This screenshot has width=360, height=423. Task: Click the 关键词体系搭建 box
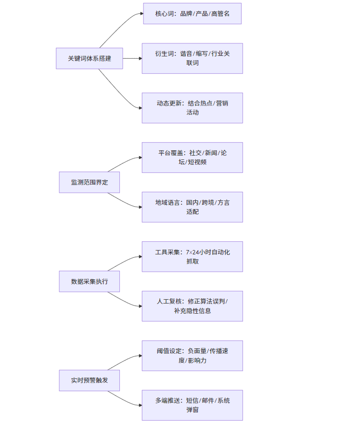coord(89,58)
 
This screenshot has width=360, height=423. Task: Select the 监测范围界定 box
coord(89,182)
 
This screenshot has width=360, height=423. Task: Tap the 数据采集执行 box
coord(89,281)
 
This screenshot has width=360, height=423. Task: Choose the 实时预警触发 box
coord(89,380)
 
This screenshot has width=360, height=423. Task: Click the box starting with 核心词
coord(192,13)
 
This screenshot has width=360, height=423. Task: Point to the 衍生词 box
coord(192,58)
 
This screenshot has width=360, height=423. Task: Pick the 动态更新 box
coord(192,108)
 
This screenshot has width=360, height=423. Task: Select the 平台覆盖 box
coord(192,158)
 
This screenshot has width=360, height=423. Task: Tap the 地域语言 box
coord(192,207)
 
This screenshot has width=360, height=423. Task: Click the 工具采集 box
coord(192,257)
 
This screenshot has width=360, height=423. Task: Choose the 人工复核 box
coord(192,306)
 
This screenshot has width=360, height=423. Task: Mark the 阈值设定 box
coord(192,356)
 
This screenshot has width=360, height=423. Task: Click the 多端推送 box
coord(192,405)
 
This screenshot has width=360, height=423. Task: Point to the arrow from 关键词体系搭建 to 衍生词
coord(132,58)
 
